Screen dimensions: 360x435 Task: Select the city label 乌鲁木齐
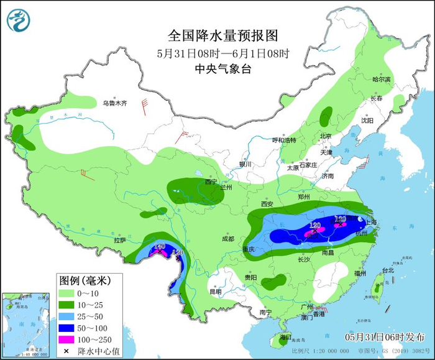pyautogui.click(x=114, y=103)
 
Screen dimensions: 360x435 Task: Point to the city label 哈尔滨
pyautogui.click(x=382, y=80)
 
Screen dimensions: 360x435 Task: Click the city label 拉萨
pyautogui.click(x=120, y=239)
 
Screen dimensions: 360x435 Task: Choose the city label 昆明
pyautogui.click(x=215, y=291)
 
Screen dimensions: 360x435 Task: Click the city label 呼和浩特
pyautogui.click(x=290, y=140)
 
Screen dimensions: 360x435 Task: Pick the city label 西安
pyautogui.click(x=267, y=204)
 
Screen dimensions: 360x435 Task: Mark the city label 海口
pyautogui.click(x=285, y=337)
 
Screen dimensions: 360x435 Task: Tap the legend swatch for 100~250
pyautogui.click(x=66, y=339)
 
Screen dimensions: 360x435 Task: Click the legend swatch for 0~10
pyautogui.click(x=66, y=292)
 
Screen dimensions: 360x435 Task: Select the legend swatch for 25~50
pyautogui.click(x=66, y=316)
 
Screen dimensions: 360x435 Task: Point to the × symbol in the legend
pyautogui.click(x=66, y=351)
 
